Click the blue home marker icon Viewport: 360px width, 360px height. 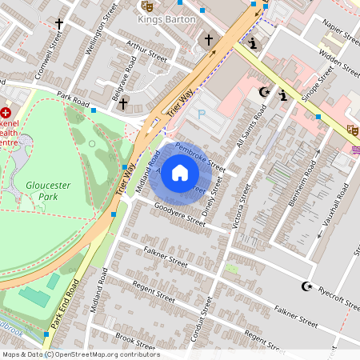[180, 172]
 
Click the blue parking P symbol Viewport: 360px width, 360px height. [201, 115]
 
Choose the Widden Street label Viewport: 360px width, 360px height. [340, 62]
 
